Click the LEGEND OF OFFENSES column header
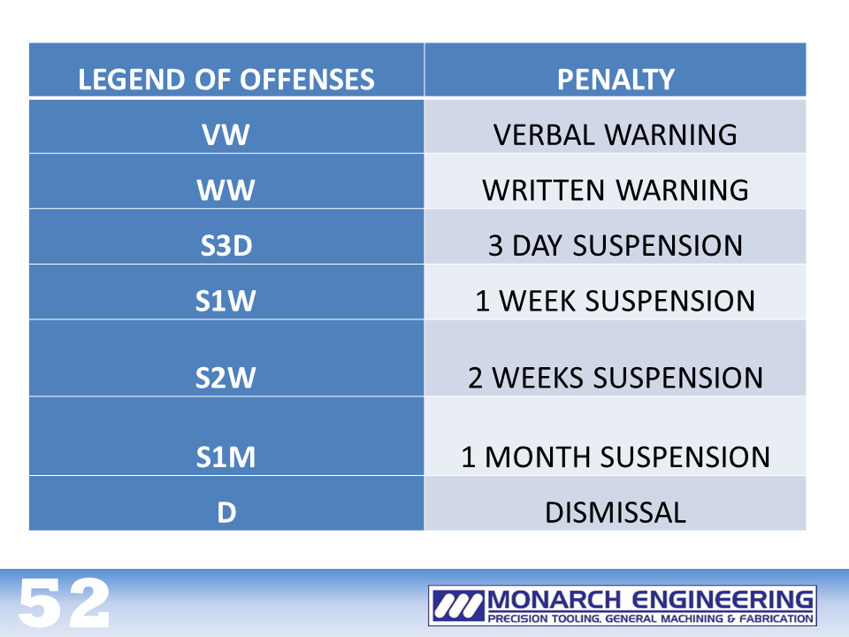pyautogui.click(x=226, y=80)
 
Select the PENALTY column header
pyautogui.click(x=616, y=80)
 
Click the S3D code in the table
pyautogui.click(x=226, y=245)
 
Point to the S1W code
pyautogui.click(x=226, y=301)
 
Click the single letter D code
pyautogui.click(x=227, y=512)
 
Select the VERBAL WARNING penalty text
pyautogui.click(x=616, y=134)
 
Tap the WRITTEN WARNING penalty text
pyautogui.click(x=616, y=190)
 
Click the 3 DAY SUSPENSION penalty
pyautogui.click(x=616, y=245)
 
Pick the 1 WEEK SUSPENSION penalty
pyautogui.click(x=616, y=301)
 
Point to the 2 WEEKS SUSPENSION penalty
pyautogui.click(x=616, y=378)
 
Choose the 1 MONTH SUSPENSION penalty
pyautogui.click(x=616, y=457)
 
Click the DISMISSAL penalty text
pyautogui.click(x=616, y=512)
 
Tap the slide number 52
pyautogui.click(x=65, y=602)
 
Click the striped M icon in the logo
pyautogui.click(x=458, y=605)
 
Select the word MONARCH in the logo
pyautogui.click(x=554, y=600)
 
